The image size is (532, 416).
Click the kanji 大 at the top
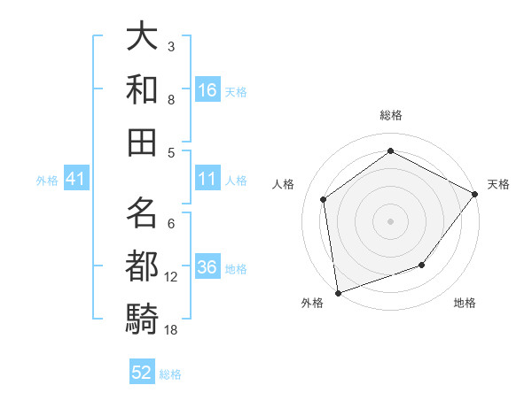143,37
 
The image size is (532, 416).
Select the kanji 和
143,89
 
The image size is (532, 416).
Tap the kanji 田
143,141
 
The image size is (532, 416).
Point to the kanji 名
143,213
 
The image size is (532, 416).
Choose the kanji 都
143,265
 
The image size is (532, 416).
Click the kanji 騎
143,317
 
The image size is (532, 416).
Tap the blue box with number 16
207,89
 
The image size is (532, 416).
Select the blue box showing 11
207,179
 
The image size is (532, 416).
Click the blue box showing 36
207,267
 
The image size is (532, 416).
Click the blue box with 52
142,373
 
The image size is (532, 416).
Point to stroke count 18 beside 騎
171,330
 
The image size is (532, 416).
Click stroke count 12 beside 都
171,277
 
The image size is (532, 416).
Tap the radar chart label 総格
391,115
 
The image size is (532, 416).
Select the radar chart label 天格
498,184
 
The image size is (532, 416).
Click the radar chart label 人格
284,184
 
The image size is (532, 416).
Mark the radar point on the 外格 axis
338,292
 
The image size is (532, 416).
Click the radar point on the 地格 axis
422,265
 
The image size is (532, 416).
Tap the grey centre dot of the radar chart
391,220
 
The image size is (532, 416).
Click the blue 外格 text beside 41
47,180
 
